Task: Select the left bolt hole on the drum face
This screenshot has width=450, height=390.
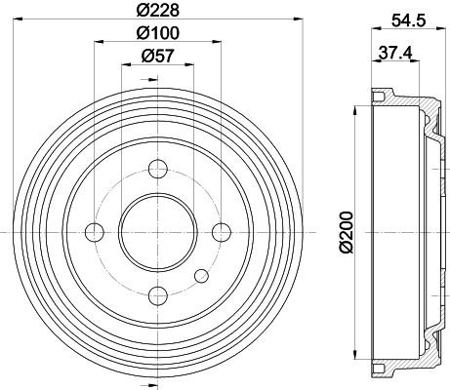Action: (95, 231)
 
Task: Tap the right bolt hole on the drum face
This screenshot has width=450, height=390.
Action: (222, 231)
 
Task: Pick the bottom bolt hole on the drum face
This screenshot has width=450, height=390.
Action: (158, 294)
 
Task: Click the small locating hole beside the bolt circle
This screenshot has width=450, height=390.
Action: (201, 274)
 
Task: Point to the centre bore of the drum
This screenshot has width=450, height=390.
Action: (158, 231)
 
